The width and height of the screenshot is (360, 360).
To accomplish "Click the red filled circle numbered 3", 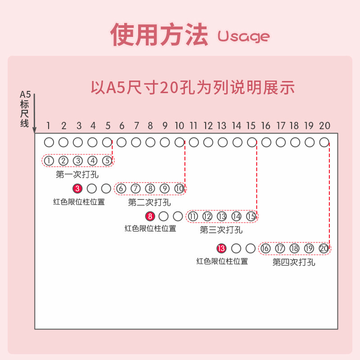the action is point(77,189).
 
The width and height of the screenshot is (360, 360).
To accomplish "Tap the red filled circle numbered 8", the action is point(150,216).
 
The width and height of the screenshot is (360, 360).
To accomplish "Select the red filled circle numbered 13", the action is point(221,248).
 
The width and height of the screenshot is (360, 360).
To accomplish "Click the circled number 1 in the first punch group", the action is point(49,161).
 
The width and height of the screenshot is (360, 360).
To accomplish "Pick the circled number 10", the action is point(180,189).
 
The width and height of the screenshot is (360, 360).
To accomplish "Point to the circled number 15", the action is point(251,216).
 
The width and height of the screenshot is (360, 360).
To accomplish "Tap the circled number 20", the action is point(324,248).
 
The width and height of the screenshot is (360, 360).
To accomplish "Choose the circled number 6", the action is point(121,189).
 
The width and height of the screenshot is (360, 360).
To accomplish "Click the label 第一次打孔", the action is point(77,174).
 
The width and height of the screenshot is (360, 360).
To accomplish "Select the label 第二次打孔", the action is point(149,202).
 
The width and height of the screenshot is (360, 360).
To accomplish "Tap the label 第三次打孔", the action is point(221,230).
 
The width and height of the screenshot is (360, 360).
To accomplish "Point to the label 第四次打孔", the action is point(294,262).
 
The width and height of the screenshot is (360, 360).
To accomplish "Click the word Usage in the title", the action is point(243,36).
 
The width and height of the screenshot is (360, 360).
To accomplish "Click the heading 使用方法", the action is point(160,35).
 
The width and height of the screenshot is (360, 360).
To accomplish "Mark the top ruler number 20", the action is point(324,126).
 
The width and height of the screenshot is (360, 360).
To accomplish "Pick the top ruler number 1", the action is point(49,126).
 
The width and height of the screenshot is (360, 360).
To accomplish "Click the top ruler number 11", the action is point(194,126).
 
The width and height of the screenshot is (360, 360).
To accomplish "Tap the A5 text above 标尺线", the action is point(25,94).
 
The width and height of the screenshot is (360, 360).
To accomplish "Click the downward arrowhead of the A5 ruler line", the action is point(35,129).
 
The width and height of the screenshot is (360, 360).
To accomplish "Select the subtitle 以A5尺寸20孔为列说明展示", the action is point(193,87).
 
